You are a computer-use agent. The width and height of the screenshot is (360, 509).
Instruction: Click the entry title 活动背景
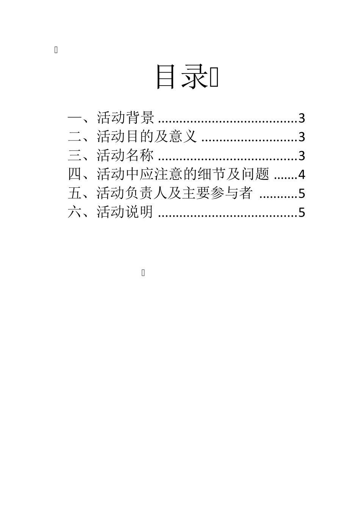(x=125, y=118)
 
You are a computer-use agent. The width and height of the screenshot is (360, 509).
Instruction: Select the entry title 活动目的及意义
(x=147, y=137)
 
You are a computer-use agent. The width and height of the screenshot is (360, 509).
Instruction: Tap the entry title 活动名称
(x=125, y=156)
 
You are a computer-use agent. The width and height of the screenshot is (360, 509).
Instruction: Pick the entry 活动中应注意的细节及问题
(x=183, y=174)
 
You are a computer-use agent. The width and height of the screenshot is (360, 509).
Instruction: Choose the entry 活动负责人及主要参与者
(x=174, y=193)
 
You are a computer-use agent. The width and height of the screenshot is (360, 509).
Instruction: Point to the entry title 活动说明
(x=125, y=212)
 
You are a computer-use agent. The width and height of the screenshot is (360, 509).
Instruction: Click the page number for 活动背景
(x=302, y=119)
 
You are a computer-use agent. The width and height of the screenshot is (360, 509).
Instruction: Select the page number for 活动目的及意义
(x=302, y=137)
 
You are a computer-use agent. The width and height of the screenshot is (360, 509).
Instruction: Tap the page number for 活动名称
(x=302, y=156)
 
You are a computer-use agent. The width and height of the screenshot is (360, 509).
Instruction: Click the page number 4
(x=302, y=175)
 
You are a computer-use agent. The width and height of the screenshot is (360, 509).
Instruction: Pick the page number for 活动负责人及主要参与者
(x=302, y=194)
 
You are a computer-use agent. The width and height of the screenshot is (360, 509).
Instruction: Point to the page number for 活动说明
(x=302, y=212)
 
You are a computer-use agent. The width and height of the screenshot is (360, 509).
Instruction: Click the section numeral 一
(x=74, y=118)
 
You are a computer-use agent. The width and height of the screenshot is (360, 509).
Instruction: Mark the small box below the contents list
(x=143, y=273)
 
